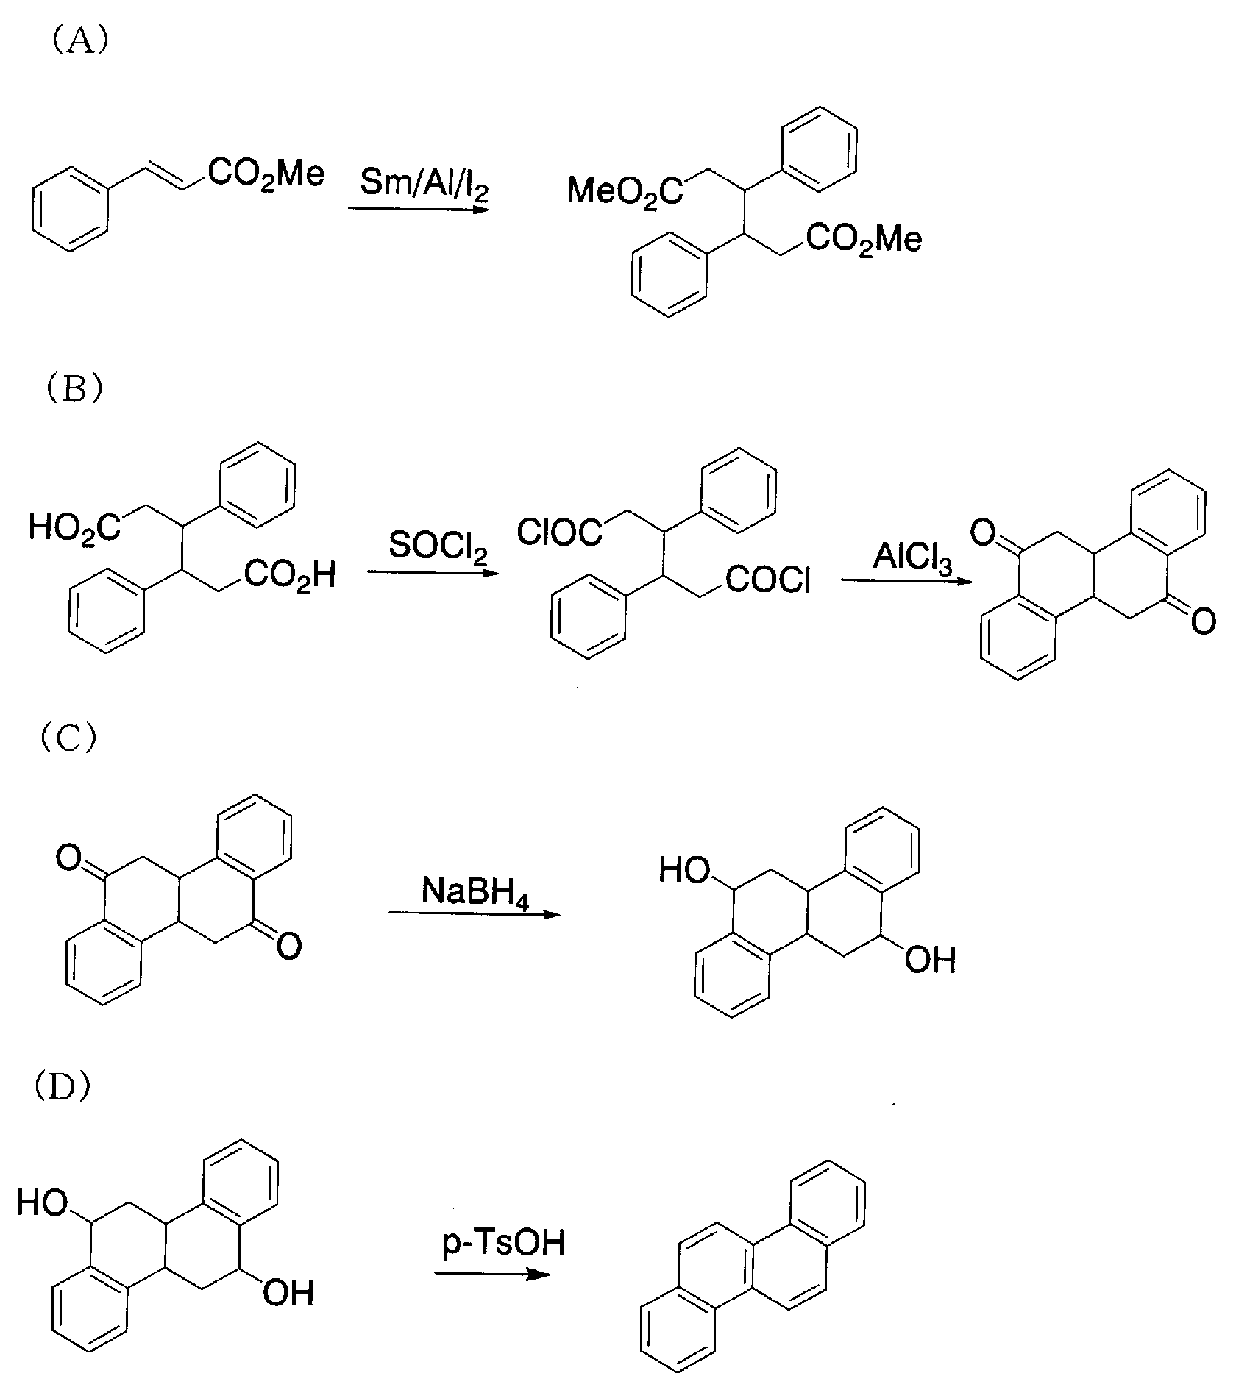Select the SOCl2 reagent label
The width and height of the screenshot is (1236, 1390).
point(438,546)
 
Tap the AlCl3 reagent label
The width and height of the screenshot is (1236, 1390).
point(912,559)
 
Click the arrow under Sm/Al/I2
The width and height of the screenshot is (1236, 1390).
point(419,209)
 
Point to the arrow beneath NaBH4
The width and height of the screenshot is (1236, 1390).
point(474,914)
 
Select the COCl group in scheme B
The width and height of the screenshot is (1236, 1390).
point(768,582)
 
